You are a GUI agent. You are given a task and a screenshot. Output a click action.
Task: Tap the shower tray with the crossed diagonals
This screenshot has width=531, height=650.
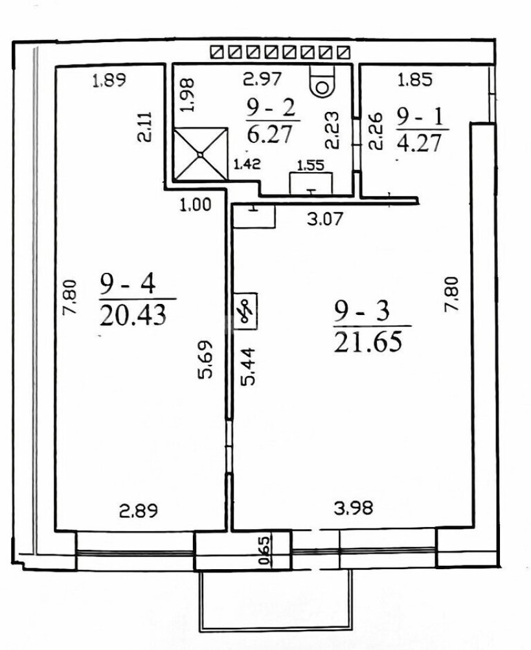(x=201, y=154)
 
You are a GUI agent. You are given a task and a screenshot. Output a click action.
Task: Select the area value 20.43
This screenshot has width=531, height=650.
(x=132, y=314)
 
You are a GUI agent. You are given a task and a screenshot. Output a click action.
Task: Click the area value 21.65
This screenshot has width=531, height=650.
(x=368, y=342)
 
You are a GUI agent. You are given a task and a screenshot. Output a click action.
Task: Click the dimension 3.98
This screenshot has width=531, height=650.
(x=354, y=508)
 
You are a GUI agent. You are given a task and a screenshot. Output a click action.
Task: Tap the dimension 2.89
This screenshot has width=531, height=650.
(x=138, y=510)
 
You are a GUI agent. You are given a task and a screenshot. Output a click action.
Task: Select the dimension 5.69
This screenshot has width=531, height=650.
(x=205, y=359)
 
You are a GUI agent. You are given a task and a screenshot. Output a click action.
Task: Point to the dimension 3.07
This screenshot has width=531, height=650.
(x=325, y=219)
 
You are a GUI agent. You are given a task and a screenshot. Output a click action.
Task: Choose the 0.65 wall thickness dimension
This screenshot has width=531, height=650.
(x=264, y=550)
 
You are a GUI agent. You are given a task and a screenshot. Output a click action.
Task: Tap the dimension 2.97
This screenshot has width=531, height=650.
(x=262, y=79)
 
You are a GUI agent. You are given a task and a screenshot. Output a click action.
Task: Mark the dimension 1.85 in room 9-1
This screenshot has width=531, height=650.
(x=415, y=80)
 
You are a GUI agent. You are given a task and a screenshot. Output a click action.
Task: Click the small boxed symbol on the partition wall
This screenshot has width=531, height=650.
(x=245, y=311)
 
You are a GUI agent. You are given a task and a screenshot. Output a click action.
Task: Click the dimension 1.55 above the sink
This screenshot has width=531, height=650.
(x=311, y=165)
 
